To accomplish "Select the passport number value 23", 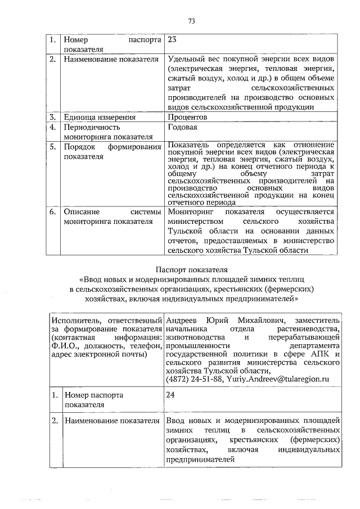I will pyautogui.click(x=172, y=40).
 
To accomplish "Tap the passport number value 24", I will pyautogui.click(x=172, y=395).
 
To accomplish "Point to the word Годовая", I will pyautogui.click(x=182, y=128).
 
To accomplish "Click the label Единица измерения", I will pyautogui.click(x=100, y=118).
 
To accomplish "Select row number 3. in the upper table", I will pyautogui.click(x=52, y=118).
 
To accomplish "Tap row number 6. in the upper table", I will pyautogui.click(x=52, y=212).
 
